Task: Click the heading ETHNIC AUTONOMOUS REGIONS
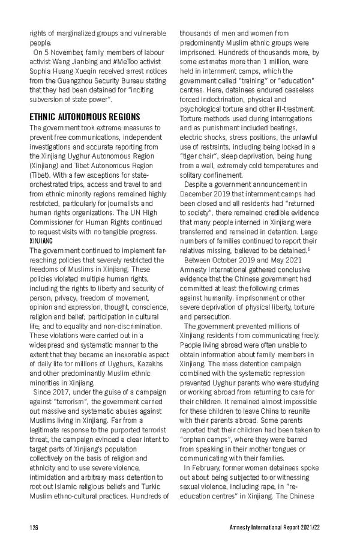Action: pos(84,116)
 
